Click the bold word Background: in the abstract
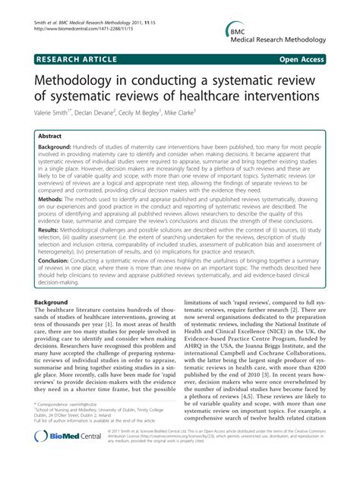tap(60, 146)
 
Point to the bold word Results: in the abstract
tap(52, 227)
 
